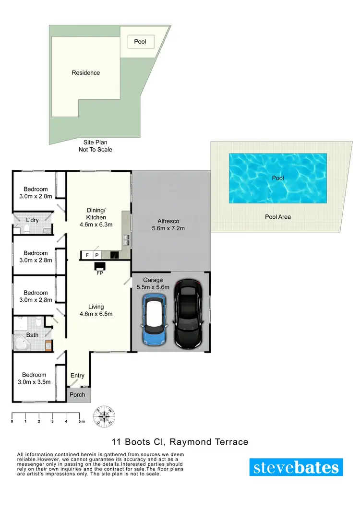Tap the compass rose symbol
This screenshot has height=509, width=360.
click(104, 417)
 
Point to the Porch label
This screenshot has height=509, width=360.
click(77, 395)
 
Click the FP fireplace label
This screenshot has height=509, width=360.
click(100, 273)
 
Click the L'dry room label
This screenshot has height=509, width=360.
click(32, 220)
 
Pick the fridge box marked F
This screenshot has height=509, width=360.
click(87, 255)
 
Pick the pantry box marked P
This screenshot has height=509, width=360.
click(96, 255)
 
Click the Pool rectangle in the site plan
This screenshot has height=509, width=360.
click(140, 42)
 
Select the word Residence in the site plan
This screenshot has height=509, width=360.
click(86, 73)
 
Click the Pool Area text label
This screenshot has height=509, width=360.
click(278, 217)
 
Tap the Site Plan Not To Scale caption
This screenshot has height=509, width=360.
click(96, 146)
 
